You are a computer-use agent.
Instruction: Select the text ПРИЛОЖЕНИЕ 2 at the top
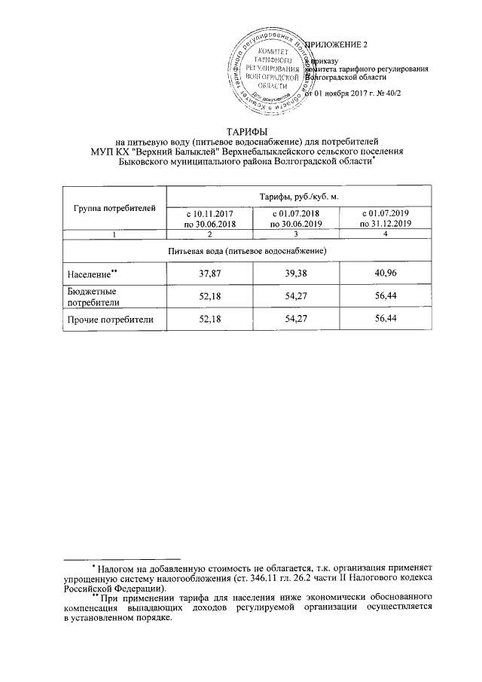click(x=337, y=44)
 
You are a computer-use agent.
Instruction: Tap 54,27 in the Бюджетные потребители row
click(x=296, y=296)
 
